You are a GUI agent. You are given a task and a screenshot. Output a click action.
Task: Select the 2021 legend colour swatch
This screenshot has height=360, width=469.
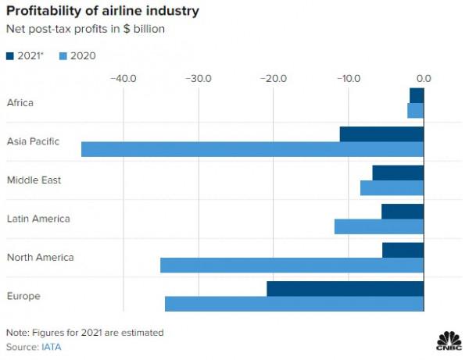click(x=12, y=55)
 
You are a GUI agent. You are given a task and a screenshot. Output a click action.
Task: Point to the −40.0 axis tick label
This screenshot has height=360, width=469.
click(x=124, y=78)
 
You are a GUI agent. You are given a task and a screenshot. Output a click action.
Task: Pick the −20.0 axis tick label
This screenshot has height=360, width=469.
click(x=274, y=78)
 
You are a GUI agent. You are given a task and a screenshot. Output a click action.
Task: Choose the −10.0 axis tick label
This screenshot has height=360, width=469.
click(x=348, y=78)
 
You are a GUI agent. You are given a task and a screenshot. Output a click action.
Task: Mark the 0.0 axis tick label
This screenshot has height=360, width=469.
click(x=424, y=78)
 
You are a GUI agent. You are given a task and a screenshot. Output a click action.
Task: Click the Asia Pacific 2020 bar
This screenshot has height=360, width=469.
click(x=252, y=149)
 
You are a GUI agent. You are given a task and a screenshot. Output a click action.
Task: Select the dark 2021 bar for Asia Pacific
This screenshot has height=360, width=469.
click(x=381, y=134)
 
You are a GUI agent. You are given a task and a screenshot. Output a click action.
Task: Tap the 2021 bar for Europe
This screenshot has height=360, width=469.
click(x=345, y=289)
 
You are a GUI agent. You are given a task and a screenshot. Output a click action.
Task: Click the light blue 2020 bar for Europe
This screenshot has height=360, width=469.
click(x=294, y=304)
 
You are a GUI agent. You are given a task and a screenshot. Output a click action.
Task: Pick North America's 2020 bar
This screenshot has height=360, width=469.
click(x=292, y=266)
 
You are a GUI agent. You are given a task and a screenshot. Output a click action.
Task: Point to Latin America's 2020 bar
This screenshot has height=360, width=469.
click(x=379, y=226)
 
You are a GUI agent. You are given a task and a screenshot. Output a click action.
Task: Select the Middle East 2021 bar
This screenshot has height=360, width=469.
click(x=398, y=173)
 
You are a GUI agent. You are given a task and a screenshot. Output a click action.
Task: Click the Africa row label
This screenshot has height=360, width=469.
click(x=20, y=102)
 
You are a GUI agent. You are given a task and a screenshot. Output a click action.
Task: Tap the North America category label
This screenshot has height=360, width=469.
click(x=40, y=258)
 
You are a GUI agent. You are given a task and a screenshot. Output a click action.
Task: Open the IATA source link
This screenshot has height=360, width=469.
click(x=52, y=346)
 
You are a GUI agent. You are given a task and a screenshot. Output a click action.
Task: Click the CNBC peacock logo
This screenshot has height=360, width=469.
click(x=448, y=340)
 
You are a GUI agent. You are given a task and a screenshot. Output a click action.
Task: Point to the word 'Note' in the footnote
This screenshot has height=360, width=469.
click(x=16, y=332)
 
